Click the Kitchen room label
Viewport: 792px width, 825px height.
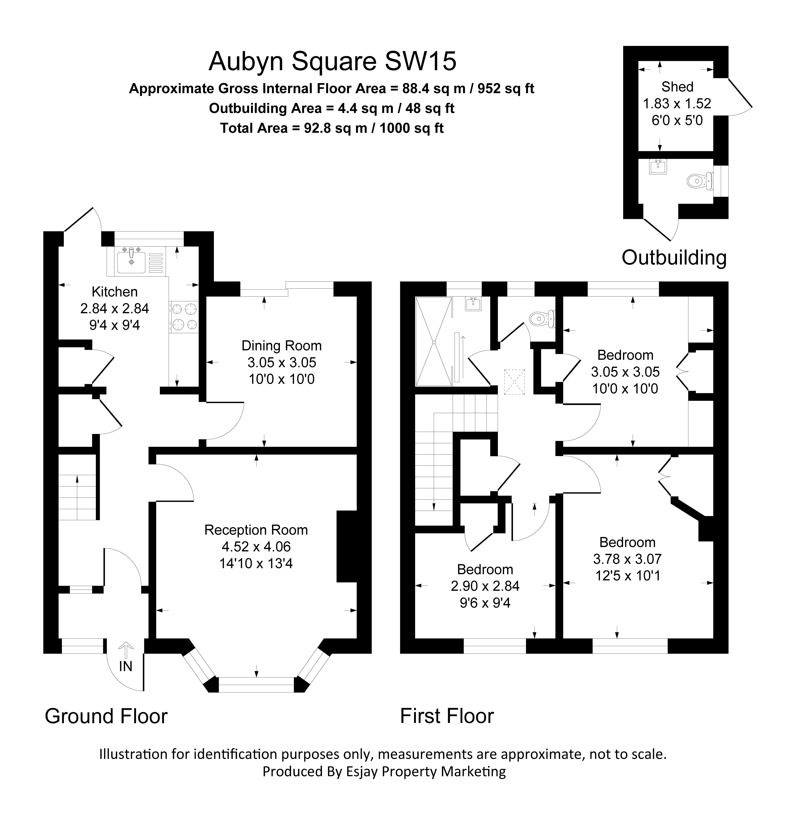coord(115,292)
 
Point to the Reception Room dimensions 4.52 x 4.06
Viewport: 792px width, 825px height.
coord(256,546)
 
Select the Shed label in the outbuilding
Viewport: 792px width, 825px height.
coord(677,87)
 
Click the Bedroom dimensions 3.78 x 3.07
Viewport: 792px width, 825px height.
coord(627,559)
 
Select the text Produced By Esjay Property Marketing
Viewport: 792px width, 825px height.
coord(384,772)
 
